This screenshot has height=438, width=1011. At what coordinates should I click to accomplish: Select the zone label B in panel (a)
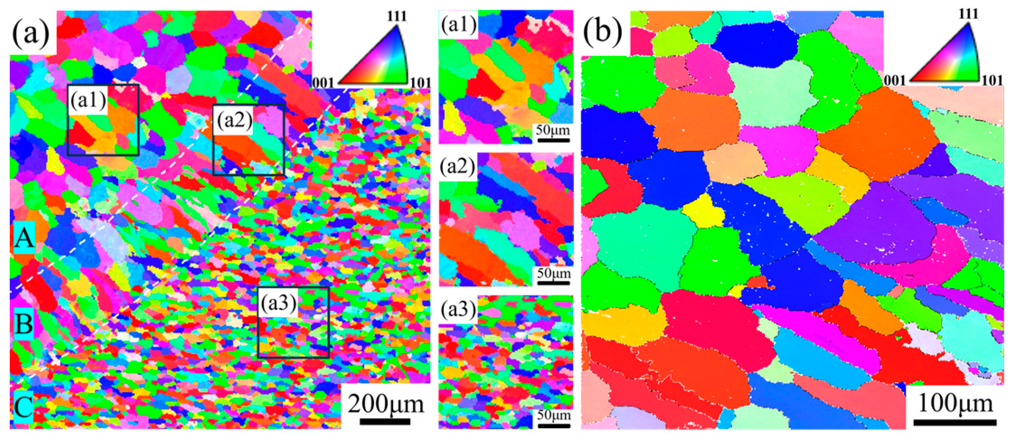[x=24, y=324]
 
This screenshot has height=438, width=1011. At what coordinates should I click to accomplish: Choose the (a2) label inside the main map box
[x=234, y=122]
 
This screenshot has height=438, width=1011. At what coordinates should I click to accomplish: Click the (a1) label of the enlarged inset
[x=458, y=26]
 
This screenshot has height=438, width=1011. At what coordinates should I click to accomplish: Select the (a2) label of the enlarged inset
[x=458, y=167]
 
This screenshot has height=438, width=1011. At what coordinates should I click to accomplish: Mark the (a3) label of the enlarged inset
[x=458, y=310]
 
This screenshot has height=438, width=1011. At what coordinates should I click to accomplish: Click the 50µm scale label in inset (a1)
[x=553, y=131]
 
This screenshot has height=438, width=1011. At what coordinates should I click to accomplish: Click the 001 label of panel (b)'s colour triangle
[x=895, y=81]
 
